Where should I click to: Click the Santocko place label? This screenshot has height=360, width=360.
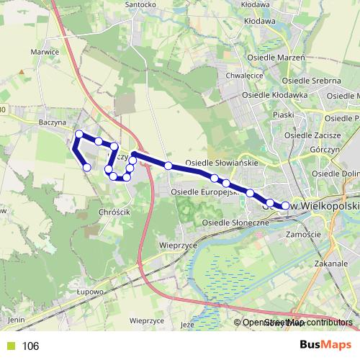[x=141, y=4]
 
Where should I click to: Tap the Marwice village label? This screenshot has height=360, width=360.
[x=45, y=52]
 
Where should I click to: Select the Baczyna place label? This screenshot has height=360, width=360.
[x=52, y=123]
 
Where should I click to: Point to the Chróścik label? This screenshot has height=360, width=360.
[x=110, y=213]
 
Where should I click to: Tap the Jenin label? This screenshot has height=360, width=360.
[x=16, y=318]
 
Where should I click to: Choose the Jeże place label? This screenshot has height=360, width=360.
[x=189, y=325]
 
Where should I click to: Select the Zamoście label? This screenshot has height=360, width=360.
[x=303, y=235]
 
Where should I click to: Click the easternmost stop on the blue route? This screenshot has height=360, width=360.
[x=285, y=206]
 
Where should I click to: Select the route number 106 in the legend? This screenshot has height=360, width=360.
[x=30, y=346]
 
